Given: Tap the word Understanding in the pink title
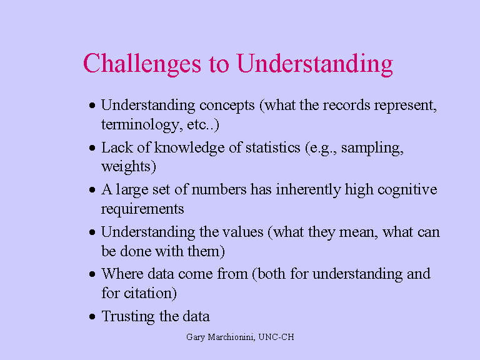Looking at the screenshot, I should click(x=314, y=64).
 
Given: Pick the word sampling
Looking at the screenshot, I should click(x=374, y=147).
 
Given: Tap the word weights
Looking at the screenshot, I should click(x=128, y=167).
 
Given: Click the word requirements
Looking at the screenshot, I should click(x=142, y=209).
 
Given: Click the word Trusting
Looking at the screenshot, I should click(x=127, y=316).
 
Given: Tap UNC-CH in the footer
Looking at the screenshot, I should click(x=278, y=337).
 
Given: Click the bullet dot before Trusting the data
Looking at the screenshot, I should click(x=92, y=317).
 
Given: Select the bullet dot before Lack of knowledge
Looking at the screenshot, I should click(x=92, y=149).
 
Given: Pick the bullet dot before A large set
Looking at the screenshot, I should click(x=92, y=191).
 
